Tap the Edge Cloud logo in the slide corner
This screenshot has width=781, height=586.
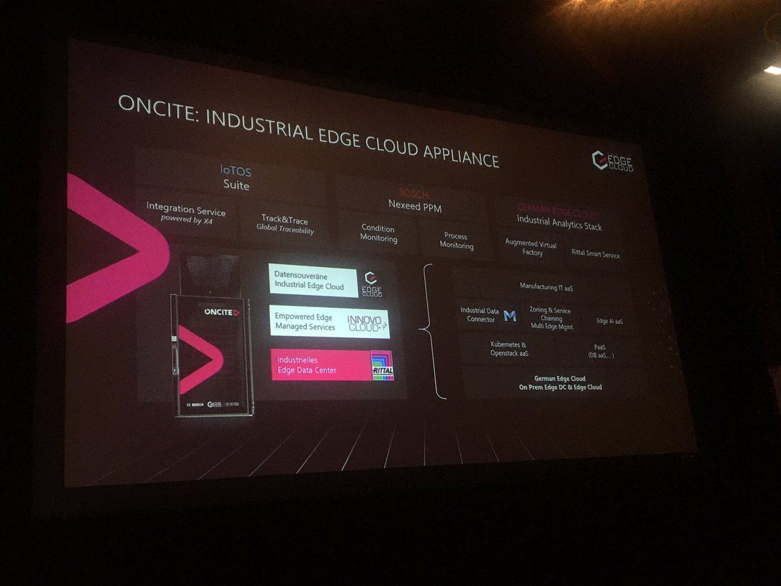pos(612,160)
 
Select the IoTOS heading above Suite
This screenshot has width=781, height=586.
pos(236,172)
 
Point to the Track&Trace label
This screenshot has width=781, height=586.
pos(284,221)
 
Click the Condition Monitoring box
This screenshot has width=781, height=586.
pos(378,233)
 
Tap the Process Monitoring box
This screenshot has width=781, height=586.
pos(456,240)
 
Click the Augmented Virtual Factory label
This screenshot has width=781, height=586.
pos(530,248)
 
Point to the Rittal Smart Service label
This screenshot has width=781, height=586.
pos(595,255)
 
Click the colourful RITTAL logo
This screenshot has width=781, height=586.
pos(383,366)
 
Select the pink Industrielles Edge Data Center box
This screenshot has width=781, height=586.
pos(319,365)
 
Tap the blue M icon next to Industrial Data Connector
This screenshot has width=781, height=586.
pos(510,316)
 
